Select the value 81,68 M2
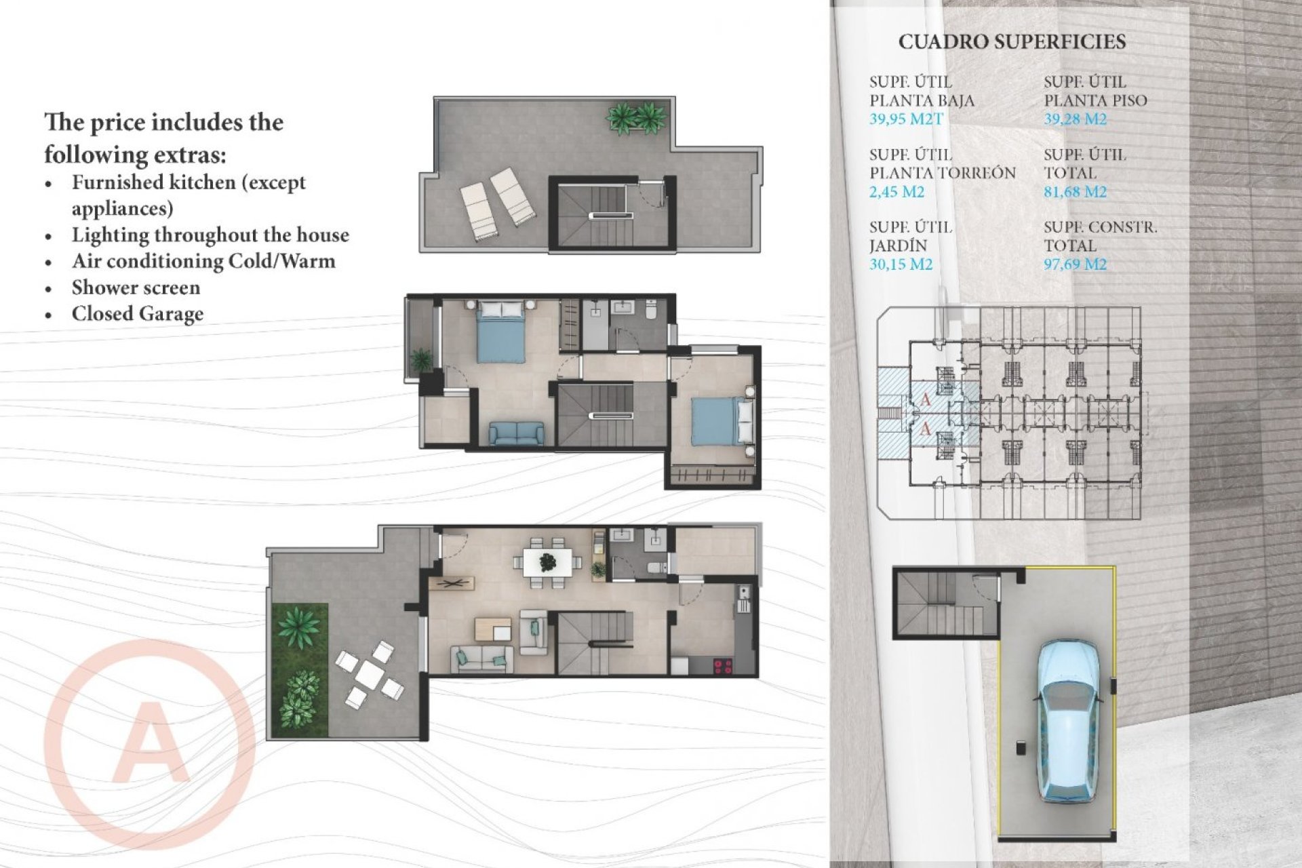[x=1075, y=192]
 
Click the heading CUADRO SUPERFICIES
[x=1012, y=42]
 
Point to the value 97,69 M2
[x=1075, y=264]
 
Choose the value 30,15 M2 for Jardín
[x=901, y=264]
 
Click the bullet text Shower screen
[x=136, y=288]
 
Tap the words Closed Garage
[x=137, y=314]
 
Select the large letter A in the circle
[x=151, y=744]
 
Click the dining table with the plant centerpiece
[x=547, y=562]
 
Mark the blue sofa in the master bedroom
[x=516, y=433]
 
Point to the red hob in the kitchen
[x=723, y=666]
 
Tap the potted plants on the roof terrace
[x=635, y=118]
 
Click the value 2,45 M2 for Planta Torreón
[x=896, y=192]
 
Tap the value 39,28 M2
[x=1075, y=119]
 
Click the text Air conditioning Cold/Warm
[x=203, y=261]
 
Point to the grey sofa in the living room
[x=482, y=658]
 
